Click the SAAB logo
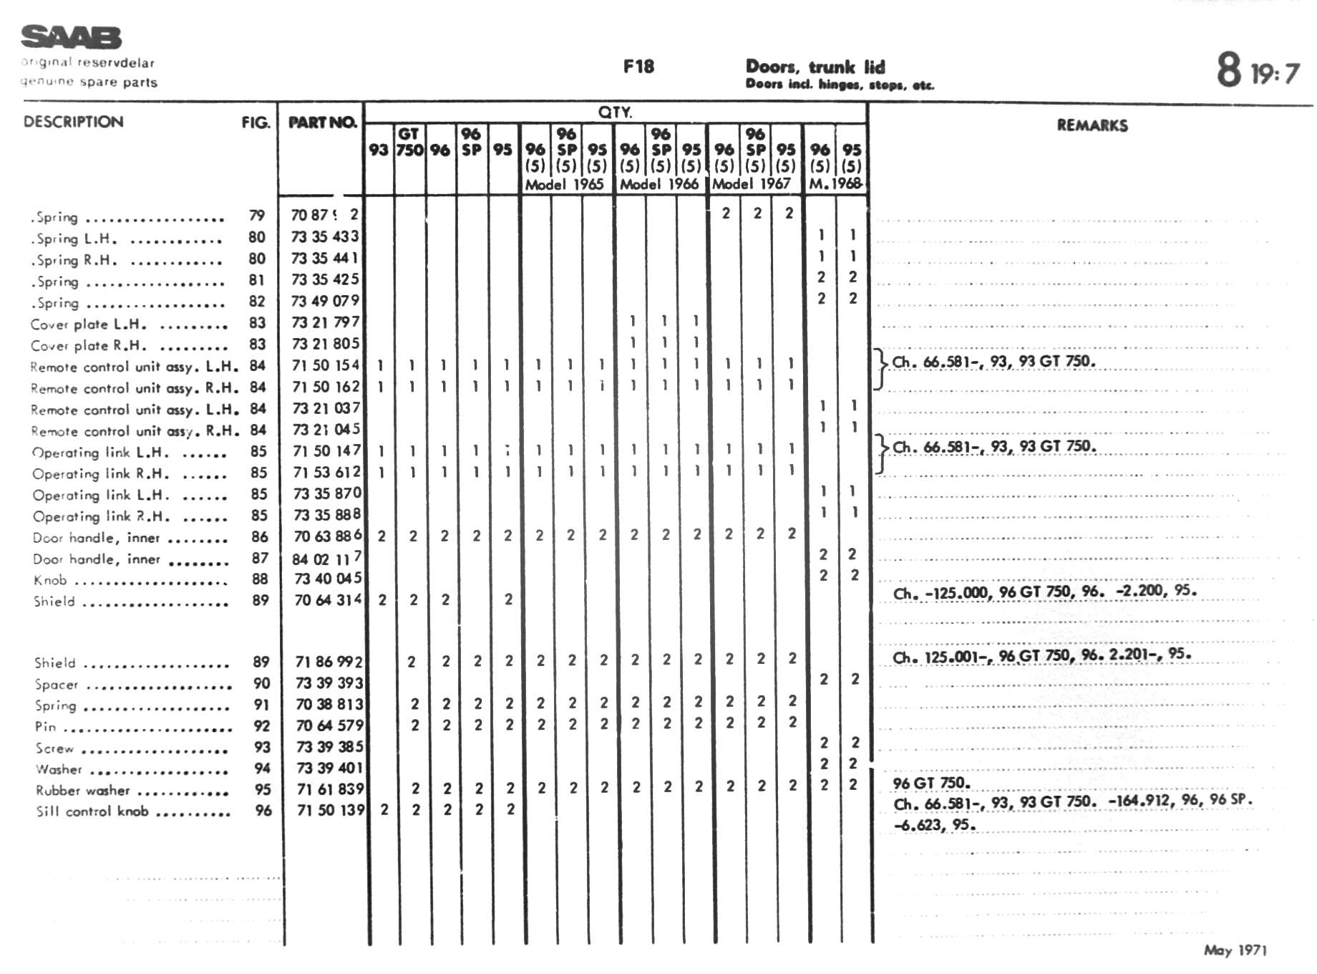point(71,37)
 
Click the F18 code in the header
point(638,67)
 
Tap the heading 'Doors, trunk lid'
point(815,67)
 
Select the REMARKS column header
point(1092,125)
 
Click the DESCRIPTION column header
point(73,122)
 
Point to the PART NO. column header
point(322,122)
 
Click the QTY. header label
point(615,112)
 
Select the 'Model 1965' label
point(564,184)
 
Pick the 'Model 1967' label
point(751,184)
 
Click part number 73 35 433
point(325,236)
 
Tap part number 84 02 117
point(327,559)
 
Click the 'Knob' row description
point(50,580)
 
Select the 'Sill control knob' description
point(92,811)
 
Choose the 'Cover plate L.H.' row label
point(88,324)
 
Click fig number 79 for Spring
point(257,216)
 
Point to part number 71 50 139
point(329,810)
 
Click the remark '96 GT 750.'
point(932,783)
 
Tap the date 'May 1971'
point(1235,950)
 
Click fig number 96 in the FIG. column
point(263,811)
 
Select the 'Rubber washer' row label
point(83,791)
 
